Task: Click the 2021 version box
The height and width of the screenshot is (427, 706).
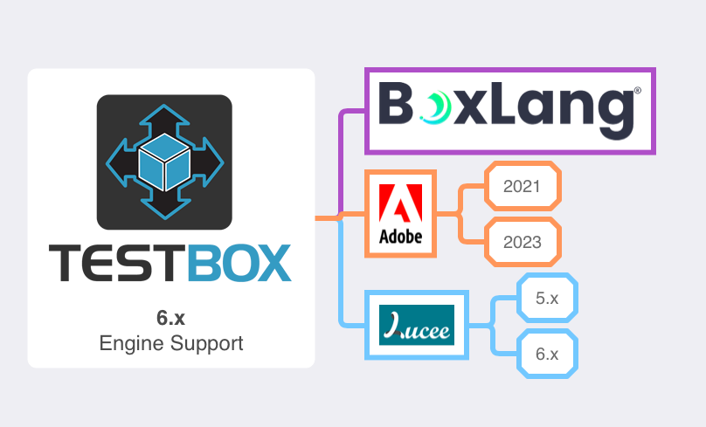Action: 523,187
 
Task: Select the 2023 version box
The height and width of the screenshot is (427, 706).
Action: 523,242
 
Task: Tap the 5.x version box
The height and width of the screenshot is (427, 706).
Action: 547,299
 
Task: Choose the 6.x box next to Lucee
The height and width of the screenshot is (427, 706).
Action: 547,354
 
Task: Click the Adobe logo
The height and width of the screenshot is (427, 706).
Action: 400,212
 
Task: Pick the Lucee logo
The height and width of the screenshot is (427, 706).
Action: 416,325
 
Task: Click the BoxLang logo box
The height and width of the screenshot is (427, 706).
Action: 509,111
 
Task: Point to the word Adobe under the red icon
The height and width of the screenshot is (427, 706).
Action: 400,237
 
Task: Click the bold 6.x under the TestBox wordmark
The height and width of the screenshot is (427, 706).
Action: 170,317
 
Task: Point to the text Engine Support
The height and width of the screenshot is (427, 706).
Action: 170,343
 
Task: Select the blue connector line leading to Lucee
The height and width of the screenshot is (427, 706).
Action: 343,279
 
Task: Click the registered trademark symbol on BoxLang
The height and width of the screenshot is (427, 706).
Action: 637,90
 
